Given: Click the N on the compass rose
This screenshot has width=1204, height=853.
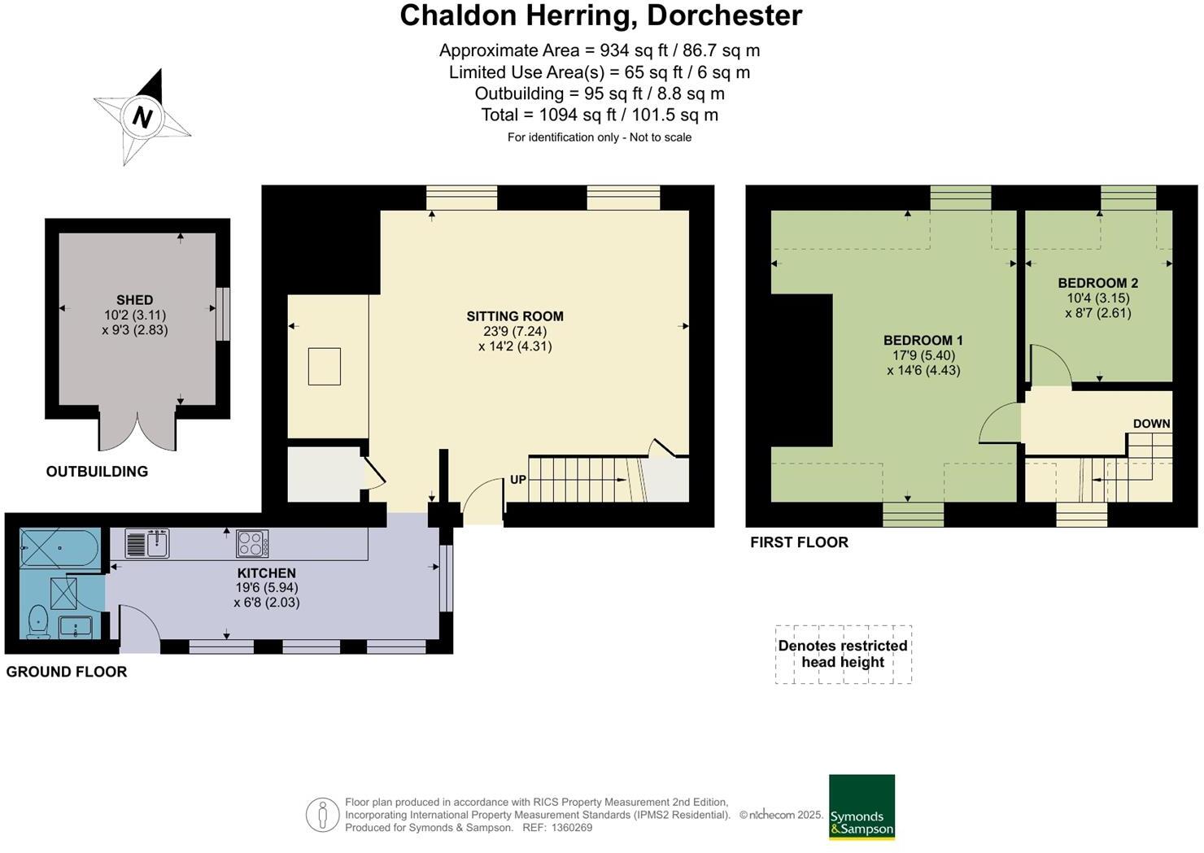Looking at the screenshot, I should [x=142, y=118].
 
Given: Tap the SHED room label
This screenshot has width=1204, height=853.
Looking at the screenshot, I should [x=134, y=300].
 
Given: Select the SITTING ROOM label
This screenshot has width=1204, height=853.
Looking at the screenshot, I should [x=514, y=316].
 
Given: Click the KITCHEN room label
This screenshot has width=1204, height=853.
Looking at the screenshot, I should [x=266, y=573].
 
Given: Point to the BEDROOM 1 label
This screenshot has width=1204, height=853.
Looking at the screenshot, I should [x=923, y=341].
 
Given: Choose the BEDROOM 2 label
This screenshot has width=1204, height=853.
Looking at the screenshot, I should [x=1097, y=283].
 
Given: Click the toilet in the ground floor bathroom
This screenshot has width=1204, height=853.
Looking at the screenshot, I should [x=37, y=622].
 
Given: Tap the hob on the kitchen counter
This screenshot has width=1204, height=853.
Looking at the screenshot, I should [x=252, y=542].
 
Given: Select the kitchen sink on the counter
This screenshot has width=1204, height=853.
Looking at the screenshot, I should [x=147, y=543].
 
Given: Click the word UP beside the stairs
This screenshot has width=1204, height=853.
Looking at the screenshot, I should [x=518, y=480].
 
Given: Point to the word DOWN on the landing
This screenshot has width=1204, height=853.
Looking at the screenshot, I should [x=1151, y=424].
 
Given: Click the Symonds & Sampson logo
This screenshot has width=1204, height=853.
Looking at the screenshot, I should [x=862, y=807].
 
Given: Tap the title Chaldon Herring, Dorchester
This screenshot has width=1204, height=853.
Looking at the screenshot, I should [x=600, y=15].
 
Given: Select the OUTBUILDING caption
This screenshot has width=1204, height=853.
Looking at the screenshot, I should [x=97, y=472].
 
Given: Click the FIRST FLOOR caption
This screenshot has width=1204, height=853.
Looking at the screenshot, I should [x=799, y=542].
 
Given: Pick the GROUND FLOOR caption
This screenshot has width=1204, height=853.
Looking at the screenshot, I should [x=67, y=672].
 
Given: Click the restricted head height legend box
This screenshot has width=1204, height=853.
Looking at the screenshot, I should [x=843, y=654].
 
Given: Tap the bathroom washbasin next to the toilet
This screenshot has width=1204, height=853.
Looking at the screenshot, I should [x=75, y=627].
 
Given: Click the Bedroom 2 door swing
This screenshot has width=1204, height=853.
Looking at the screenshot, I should [x=1049, y=366].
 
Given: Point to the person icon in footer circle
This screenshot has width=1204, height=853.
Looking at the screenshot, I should [x=322, y=815].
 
